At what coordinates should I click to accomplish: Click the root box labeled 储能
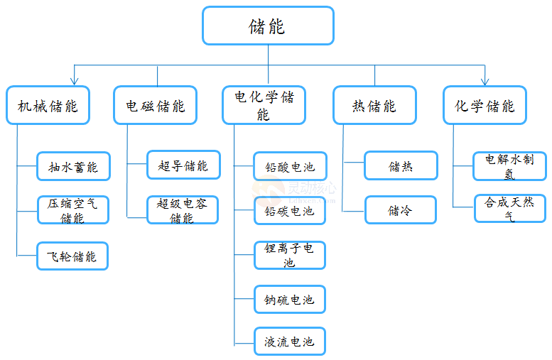(x=268, y=26)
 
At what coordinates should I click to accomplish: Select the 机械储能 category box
(x=48, y=106)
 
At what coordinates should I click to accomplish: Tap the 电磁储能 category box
(x=156, y=106)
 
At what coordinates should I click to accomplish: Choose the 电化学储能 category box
(x=264, y=105)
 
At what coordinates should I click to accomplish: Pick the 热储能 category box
(x=374, y=106)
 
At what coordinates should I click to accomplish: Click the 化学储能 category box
(x=485, y=106)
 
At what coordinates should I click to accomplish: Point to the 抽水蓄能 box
(x=72, y=167)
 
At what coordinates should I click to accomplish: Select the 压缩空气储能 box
(x=72, y=210)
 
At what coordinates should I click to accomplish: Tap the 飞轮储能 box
(x=72, y=256)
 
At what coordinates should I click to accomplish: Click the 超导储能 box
(x=183, y=165)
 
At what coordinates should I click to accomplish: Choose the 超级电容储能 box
(x=183, y=210)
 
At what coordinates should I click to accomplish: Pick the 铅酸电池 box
(x=289, y=167)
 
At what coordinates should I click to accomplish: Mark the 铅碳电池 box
(x=289, y=211)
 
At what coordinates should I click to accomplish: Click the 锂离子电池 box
(x=289, y=255)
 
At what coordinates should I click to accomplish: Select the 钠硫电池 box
(x=289, y=300)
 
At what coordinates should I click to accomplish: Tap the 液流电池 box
(x=289, y=342)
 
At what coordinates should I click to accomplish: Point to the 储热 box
(x=401, y=166)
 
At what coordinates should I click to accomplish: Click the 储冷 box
(x=401, y=210)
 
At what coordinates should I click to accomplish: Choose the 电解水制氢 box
(x=509, y=166)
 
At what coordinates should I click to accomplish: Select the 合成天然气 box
(x=509, y=209)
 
